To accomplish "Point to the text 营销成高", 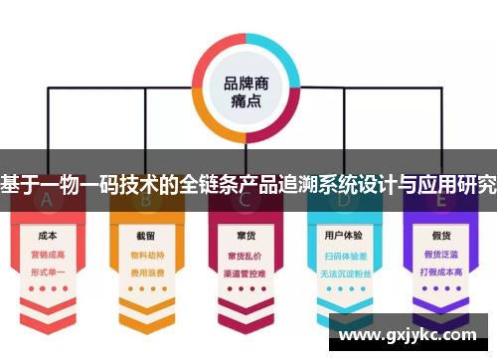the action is point(46,255).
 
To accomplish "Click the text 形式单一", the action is point(46,270).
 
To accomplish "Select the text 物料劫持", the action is point(145,255).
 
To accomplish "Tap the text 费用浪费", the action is point(145,270).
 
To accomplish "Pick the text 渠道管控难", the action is point(245,270).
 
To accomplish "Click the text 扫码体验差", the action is point(343,255).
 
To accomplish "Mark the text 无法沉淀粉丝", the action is point(343,270).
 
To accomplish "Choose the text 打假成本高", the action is point(442,270).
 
